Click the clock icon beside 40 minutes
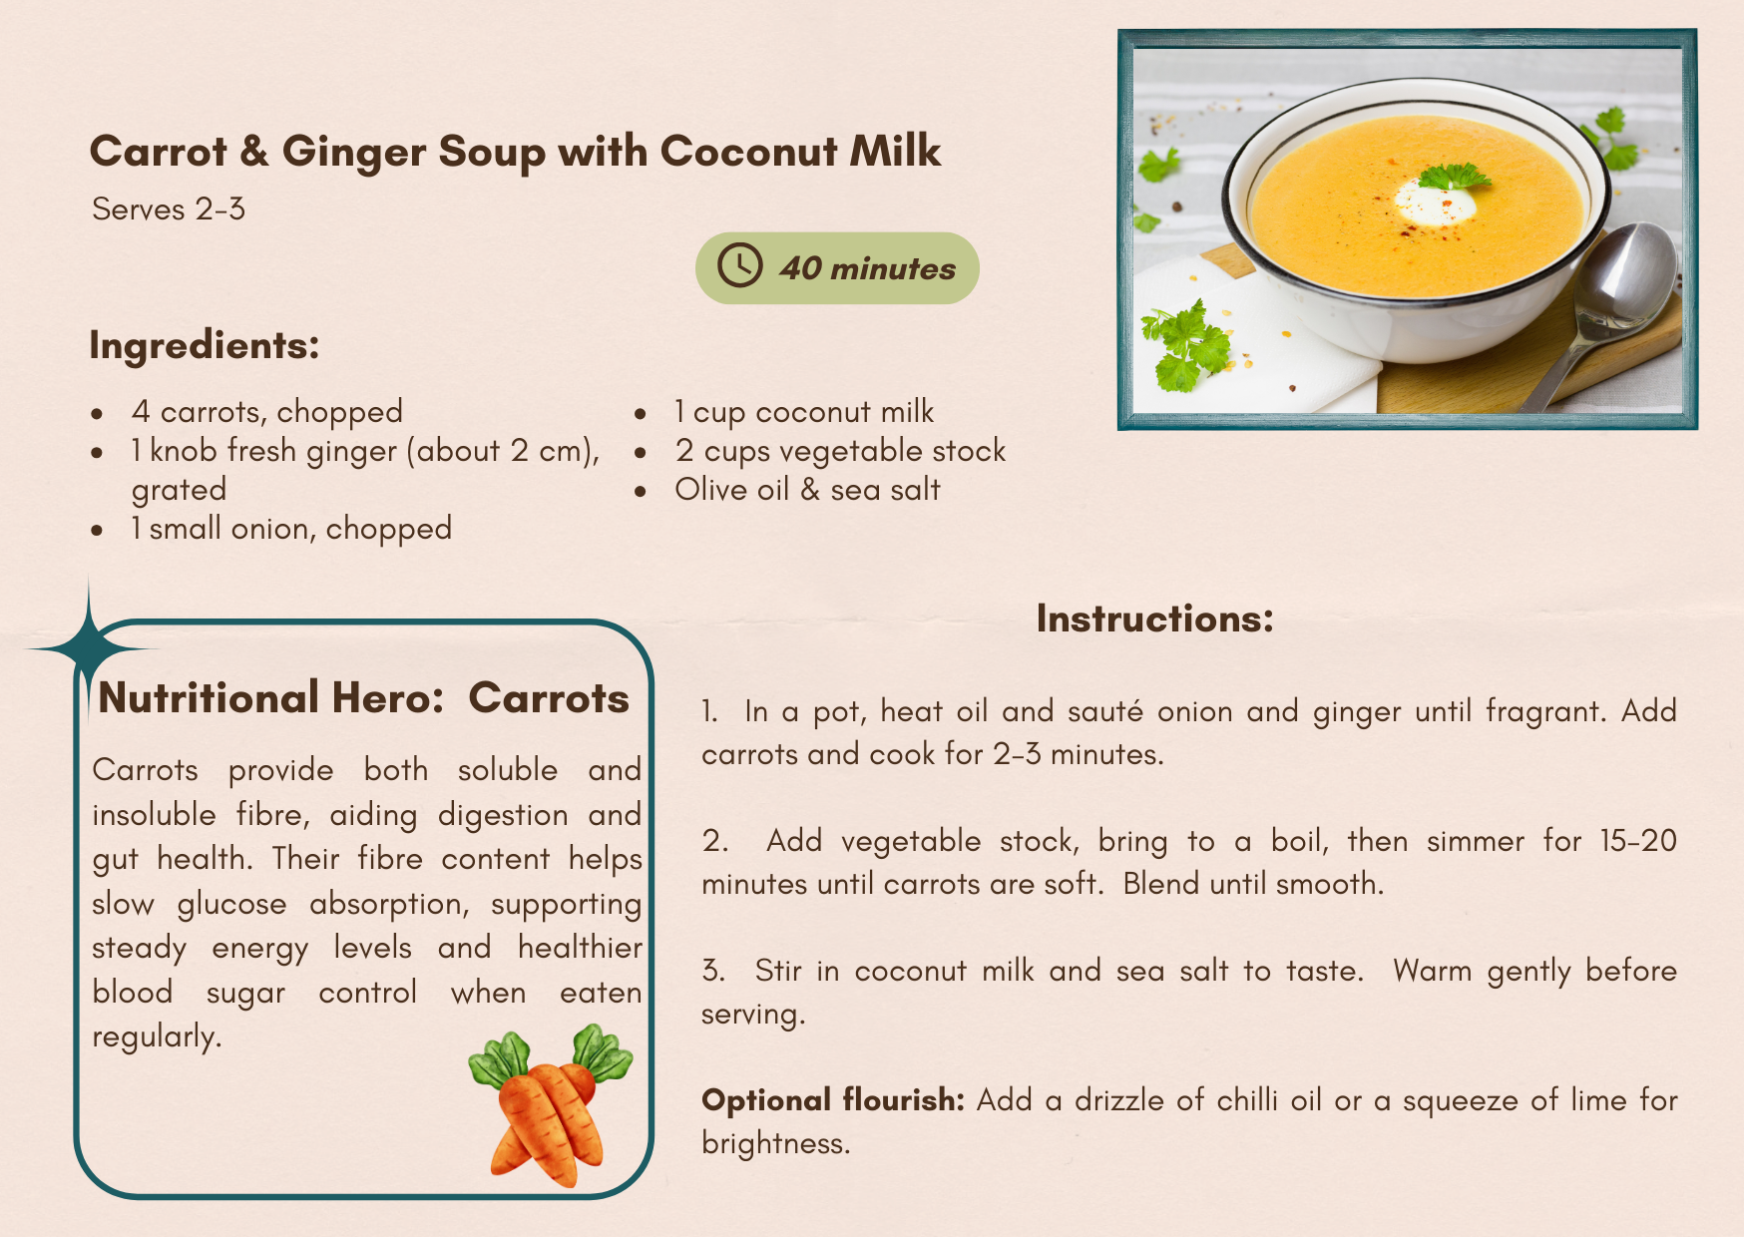coord(740,266)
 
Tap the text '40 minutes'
coord(868,268)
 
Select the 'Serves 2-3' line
coord(169,209)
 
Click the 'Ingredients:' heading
coord(205,346)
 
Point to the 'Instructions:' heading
coord(1155,618)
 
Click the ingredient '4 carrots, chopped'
coord(267,412)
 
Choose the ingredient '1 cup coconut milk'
coord(804,412)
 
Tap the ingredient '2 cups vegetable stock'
coord(840,451)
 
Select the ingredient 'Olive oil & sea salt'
coord(807,490)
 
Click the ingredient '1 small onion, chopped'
coord(291,529)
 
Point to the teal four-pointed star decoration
coord(90,648)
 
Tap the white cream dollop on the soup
coord(1434,202)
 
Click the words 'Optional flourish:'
coord(833,1100)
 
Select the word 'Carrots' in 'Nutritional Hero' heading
coord(549,698)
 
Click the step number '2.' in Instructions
coord(714,841)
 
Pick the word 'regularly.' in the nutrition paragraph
coord(157,1037)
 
